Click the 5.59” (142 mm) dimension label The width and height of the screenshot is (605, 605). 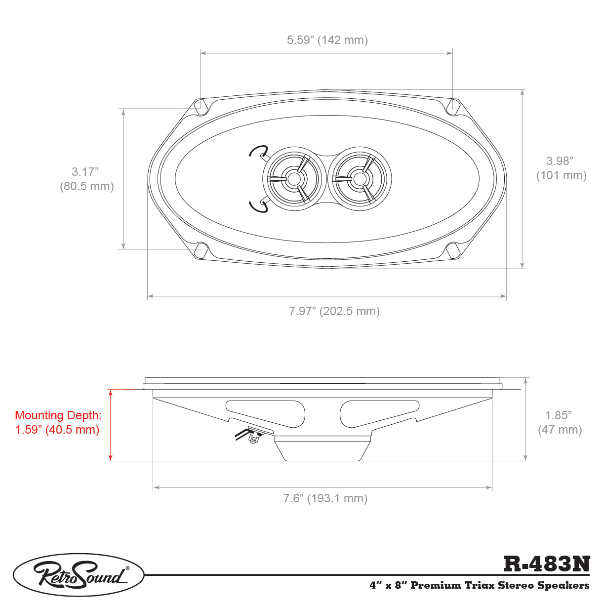327,40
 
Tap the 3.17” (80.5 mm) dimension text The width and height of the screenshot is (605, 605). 86,179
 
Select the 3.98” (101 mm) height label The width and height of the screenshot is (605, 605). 561,168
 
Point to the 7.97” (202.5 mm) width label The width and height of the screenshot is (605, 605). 334,311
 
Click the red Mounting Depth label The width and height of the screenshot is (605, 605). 58,422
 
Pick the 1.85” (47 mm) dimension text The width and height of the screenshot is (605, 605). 560,422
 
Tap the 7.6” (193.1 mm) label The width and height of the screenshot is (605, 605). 325,498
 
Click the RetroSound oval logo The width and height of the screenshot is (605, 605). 79,574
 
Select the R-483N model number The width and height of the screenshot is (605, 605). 547,564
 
